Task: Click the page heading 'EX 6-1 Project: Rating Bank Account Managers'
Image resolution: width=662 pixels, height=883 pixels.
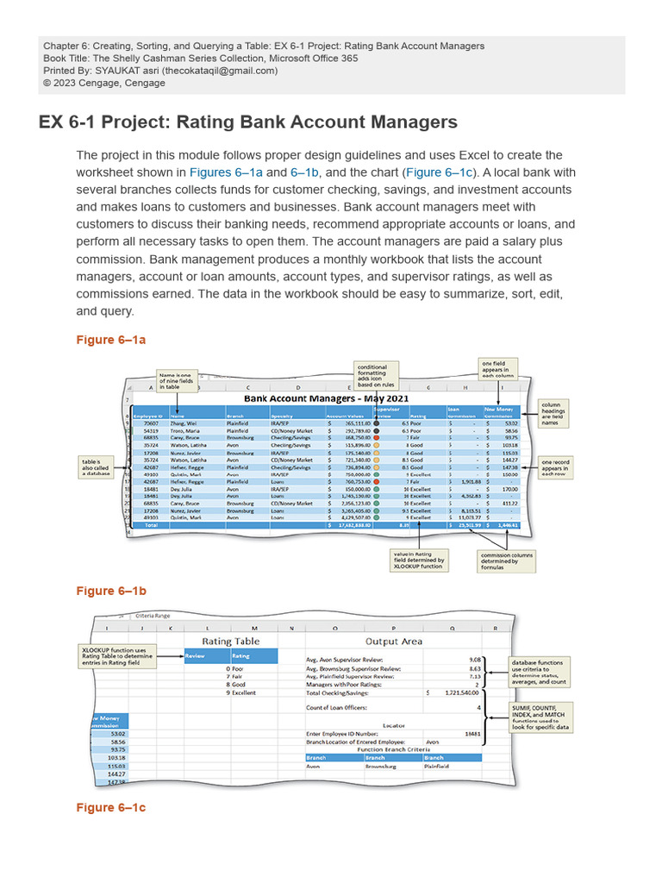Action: click(x=248, y=122)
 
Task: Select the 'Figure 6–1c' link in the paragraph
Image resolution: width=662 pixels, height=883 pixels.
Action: click(x=439, y=172)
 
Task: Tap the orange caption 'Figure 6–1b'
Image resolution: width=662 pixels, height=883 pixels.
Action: click(x=111, y=591)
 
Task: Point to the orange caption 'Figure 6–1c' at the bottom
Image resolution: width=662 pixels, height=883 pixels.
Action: click(x=111, y=807)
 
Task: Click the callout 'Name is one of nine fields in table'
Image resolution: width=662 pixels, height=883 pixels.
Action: click(x=176, y=381)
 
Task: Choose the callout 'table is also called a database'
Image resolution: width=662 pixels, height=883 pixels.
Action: click(x=97, y=467)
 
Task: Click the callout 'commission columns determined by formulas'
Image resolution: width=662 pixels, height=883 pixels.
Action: click(x=505, y=561)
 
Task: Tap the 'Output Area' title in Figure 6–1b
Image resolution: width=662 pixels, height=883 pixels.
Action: click(x=394, y=641)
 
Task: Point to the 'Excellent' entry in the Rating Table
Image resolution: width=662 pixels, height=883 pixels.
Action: click(x=243, y=692)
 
